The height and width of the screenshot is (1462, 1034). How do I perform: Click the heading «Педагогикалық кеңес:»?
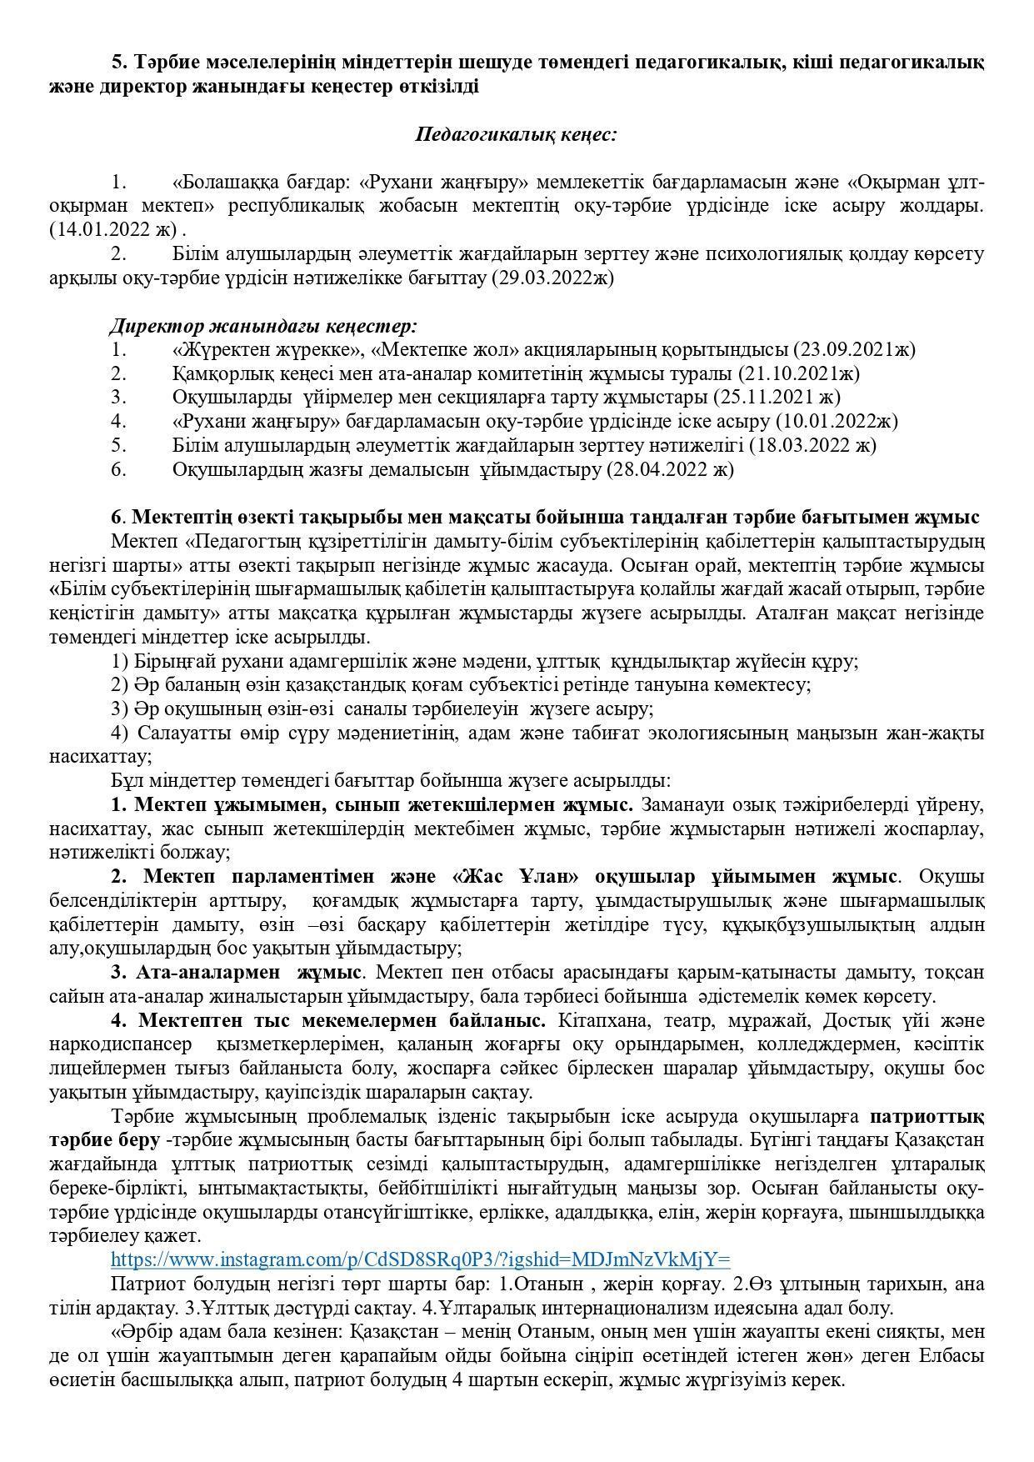point(516,134)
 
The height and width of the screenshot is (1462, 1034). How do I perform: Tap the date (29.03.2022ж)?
point(552,278)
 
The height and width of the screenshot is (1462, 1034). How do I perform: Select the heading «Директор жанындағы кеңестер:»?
point(263,325)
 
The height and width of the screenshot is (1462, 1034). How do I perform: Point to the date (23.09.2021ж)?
point(854,349)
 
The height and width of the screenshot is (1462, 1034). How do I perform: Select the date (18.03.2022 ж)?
point(812,445)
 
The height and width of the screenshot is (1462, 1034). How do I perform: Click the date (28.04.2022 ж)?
point(670,469)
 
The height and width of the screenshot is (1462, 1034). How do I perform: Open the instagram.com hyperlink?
point(420,1259)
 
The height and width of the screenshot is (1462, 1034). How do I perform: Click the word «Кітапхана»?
point(602,1021)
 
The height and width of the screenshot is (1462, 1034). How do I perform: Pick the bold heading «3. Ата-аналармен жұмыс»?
point(236,973)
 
